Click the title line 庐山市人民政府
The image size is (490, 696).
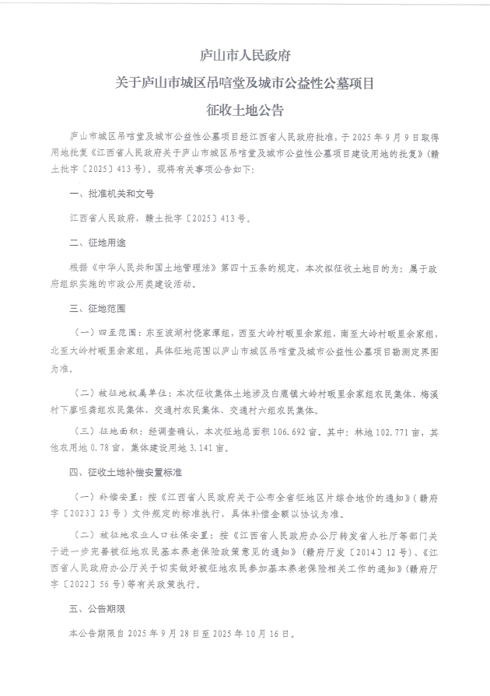pyautogui.click(x=245, y=57)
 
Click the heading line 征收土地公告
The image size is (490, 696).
pyautogui.click(x=245, y=109)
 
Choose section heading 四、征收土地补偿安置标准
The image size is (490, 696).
pyautogui.click(x=125, y=472)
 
